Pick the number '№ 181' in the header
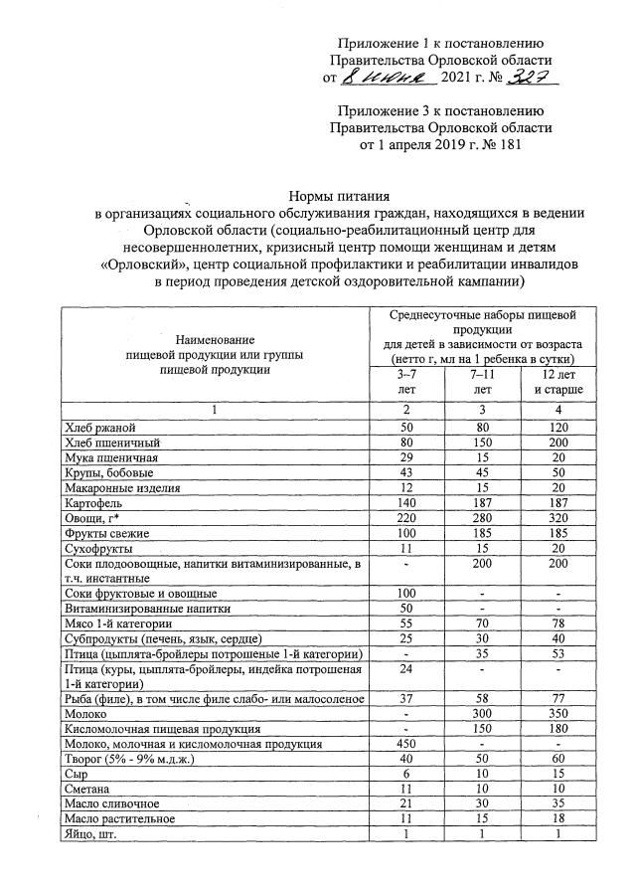pyautogui.click(x=496, y=145)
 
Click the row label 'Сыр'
pyautogui.click(x=74, y=773)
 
